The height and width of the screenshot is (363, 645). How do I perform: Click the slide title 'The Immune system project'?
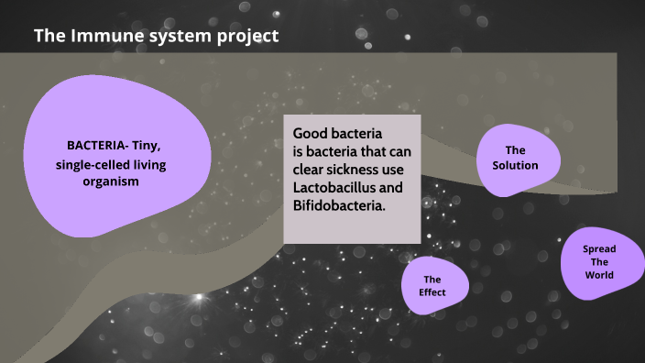pyautogui.click(x=156, y=37)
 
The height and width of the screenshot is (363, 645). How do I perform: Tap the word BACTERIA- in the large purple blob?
pyautogui.click(x=96, y=146)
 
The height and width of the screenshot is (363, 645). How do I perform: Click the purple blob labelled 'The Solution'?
pyautogui.click(x=514, y=159)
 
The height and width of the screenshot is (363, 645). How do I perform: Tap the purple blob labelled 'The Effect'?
pyautogui.click(x=434, y=285)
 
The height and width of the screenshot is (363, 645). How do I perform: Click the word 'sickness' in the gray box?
pyautogui.click(x=362, y=170)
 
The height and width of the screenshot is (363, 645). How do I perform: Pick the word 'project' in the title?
pyautogui.click(x=246, y=37)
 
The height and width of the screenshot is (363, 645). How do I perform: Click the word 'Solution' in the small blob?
pyautogui.click(x=515, y=166)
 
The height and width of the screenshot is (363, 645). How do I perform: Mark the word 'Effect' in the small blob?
pyautogui.click(x=432, y=292)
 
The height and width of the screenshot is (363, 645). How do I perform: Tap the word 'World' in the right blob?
pyautogui.click(x=599, y=275)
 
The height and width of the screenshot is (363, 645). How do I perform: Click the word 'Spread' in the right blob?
pyautogui.click(x=599, y=249)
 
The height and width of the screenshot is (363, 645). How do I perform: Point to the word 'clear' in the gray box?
pyautogui.click(x=311, y=170)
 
